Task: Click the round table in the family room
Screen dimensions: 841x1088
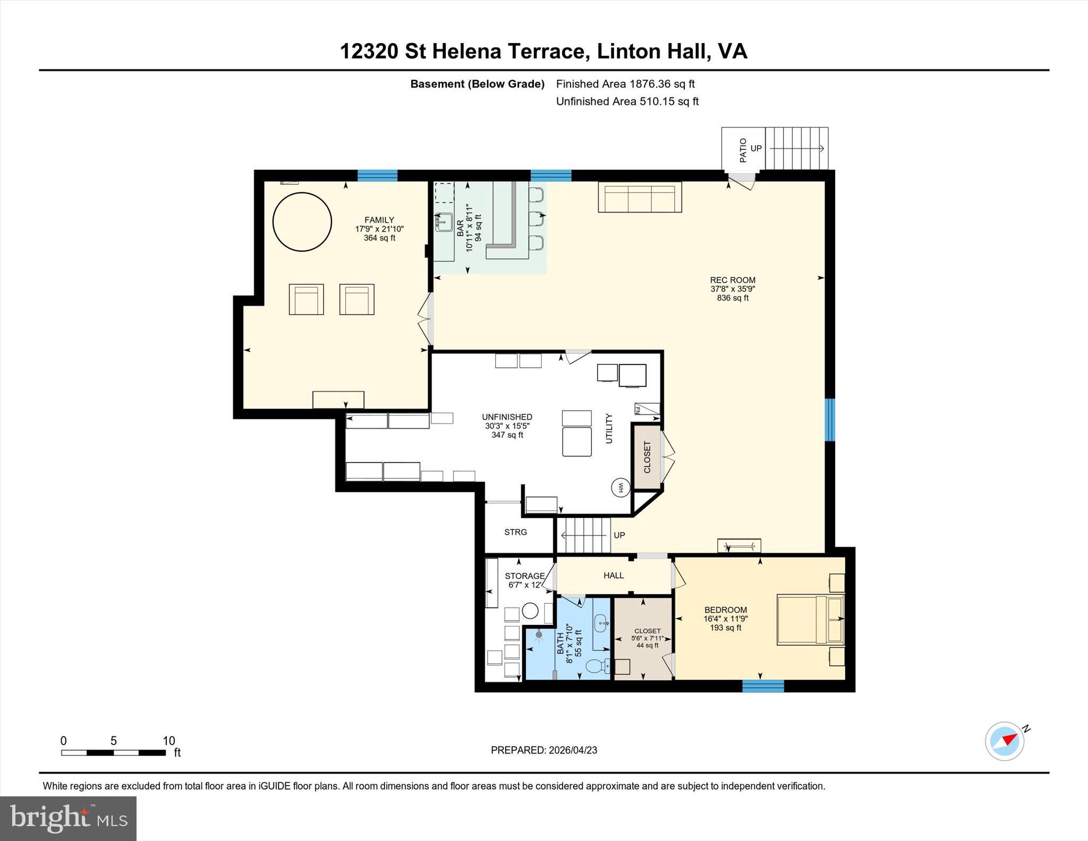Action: [302, 222]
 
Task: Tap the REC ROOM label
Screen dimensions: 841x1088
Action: [733, 280]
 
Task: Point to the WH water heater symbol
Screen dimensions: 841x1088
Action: [620, 487]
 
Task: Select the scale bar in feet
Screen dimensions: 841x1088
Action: [113, 752]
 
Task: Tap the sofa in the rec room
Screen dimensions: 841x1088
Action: [640, 197]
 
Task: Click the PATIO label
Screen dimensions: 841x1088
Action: [743, 150]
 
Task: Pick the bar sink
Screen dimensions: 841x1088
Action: [444, 222]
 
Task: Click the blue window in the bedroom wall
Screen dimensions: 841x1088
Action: [763, 686]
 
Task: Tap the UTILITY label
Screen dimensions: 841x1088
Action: [609, 428]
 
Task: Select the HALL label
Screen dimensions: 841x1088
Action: [614, 575]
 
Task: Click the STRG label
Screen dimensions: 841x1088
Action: [515, 532]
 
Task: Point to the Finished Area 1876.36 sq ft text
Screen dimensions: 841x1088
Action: [625, 84]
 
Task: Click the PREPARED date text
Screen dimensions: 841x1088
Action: [544, 750]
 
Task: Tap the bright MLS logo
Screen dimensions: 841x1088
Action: [68, 818]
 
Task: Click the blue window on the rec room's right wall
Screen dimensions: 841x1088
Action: [829, 420]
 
